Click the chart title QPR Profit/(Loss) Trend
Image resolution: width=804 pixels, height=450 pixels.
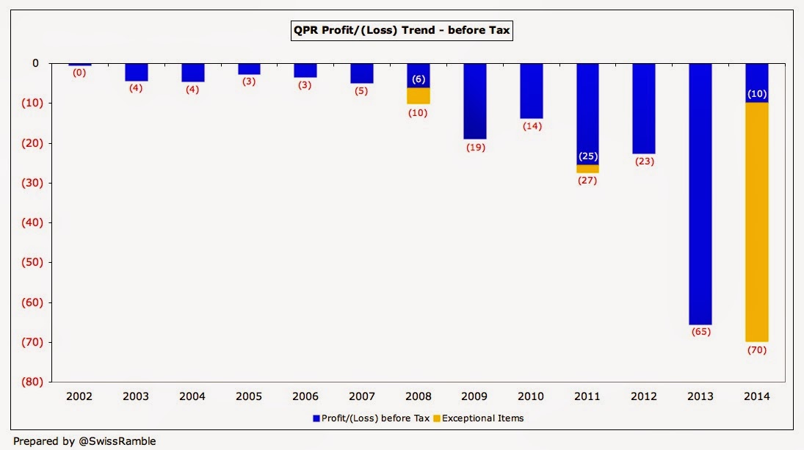(x=402, y=30)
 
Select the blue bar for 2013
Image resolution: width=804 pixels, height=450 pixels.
(x=700, y=194)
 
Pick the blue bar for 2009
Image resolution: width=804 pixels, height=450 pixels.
(x=474, y=101)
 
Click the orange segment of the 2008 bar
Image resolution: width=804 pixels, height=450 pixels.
(x=419, y=95)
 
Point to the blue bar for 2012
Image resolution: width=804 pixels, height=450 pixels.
(x=644, y=108)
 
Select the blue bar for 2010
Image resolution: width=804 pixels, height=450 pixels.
(x=531, y=90)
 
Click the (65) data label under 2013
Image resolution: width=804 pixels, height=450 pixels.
(x=700, y=332)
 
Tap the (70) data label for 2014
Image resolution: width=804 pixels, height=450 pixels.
(x=757, y=349)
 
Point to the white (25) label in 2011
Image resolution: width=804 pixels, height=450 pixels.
(x=587, y=156)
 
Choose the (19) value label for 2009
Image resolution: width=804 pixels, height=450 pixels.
(x=474, y=147)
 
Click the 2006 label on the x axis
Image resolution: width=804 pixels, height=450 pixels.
(x=305, y=396)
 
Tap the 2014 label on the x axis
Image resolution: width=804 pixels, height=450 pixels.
(x=757, y=396)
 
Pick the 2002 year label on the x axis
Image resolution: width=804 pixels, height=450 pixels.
(x=79, y=396)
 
